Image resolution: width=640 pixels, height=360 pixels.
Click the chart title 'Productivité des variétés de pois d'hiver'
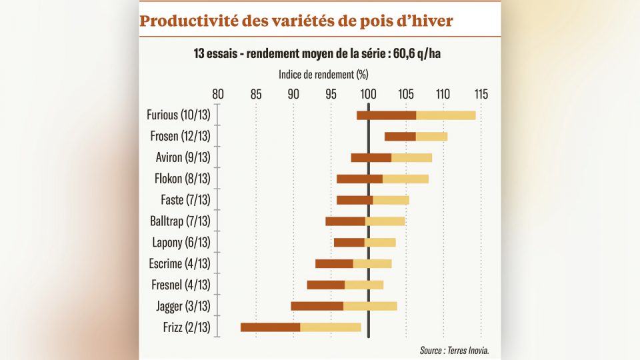296,21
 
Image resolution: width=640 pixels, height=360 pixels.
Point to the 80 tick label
218,94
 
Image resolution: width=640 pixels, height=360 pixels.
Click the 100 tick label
368,94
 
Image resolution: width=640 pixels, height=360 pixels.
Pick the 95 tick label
331,94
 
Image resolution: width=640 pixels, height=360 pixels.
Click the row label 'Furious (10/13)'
178,115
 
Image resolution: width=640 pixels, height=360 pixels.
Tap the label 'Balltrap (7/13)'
180,221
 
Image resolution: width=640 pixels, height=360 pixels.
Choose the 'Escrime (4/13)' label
179,263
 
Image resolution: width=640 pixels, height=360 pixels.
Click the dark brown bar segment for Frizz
270,327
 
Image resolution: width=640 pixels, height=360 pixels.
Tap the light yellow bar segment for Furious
445,115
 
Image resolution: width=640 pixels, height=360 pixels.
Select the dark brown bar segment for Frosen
400,137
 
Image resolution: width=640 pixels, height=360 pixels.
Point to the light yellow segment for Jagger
370,306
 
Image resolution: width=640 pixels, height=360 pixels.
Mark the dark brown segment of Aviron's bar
371,158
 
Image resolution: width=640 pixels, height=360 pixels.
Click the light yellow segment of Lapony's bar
380,243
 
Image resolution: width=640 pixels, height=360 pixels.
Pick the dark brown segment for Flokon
359,179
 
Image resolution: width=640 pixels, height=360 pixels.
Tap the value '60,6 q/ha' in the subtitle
417,54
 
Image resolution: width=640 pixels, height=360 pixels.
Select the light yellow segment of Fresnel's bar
364,285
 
